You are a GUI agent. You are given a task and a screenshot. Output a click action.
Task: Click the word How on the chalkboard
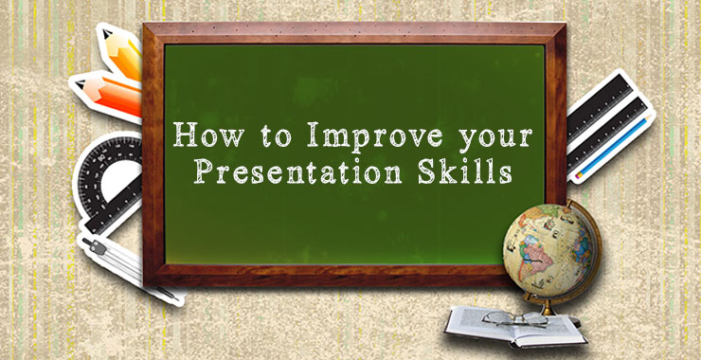[203, 137]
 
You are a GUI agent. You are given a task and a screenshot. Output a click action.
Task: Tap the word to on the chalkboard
[270, 138]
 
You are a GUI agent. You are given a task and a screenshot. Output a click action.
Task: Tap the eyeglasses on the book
[516, 315]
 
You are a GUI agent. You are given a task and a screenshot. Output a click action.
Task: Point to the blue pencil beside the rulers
[616, 142]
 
